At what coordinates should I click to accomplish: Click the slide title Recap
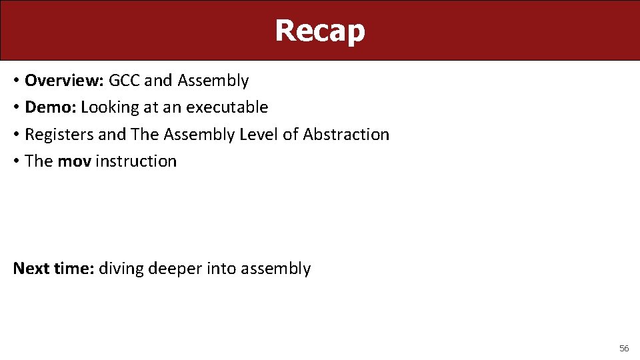[320, 31]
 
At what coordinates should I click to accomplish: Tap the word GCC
[125, 81]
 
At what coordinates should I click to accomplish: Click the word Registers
[59, 135]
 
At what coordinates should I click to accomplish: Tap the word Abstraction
[346, 134]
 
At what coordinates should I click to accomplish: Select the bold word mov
[74, 161]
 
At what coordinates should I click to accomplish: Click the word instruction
[136, 161]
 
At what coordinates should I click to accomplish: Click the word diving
[121, 269]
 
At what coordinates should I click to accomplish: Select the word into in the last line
[221, 269]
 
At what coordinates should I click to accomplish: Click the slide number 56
[624, 348]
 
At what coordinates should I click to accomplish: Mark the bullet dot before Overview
[16, 81]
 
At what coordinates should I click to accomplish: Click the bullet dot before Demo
[16, 108]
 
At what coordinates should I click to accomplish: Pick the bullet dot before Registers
[16, 135]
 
